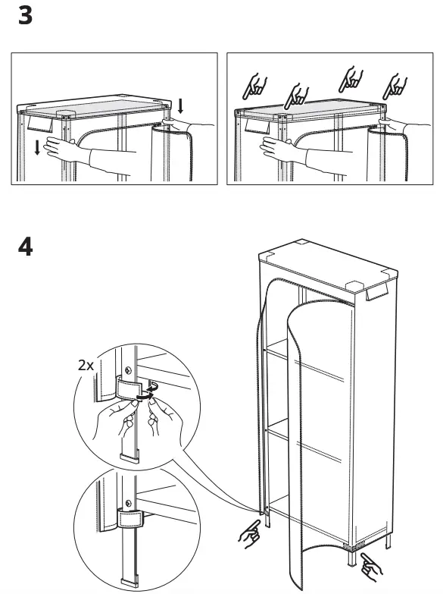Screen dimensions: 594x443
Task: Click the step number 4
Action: click(x=25, y=247)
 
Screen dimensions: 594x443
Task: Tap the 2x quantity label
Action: click(x=87, y=364)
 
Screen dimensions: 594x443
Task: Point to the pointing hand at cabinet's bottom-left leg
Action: click(x=248, y=534)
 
